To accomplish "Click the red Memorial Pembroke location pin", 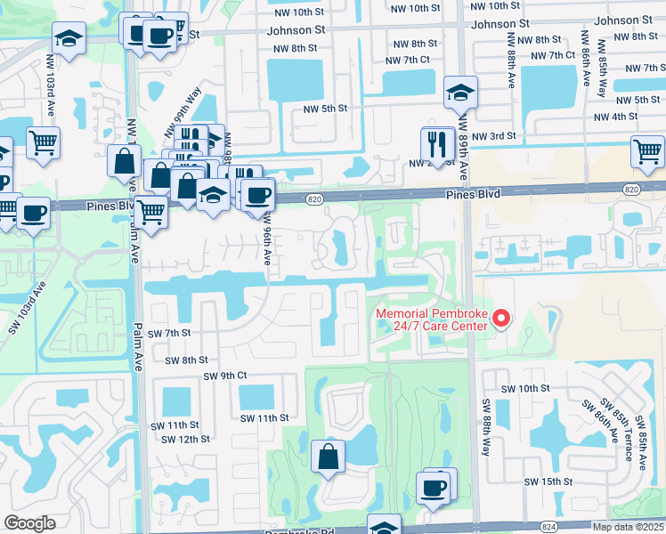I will click(x=501, y=318).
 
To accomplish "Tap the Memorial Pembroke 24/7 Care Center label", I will click(x=431, y=320).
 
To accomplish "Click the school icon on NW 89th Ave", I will click(x=460, y=92).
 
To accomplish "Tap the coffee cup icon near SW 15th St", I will click(x=434, y=489).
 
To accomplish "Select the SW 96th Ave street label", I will click(x=266, y=243).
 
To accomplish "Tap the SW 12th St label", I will click(x=185, y=439).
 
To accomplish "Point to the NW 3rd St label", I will click(x=494, y=135).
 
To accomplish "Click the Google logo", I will click(x=30, y=523).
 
